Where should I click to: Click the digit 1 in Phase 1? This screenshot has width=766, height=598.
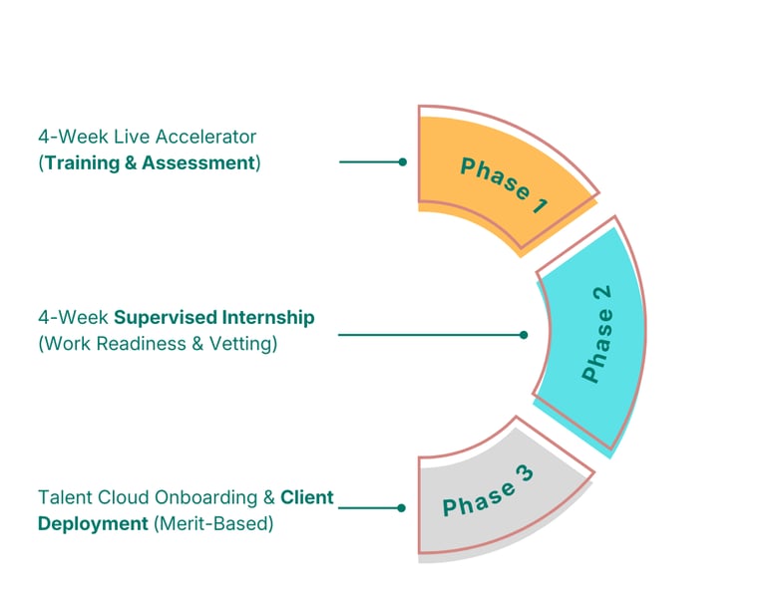point(539,206)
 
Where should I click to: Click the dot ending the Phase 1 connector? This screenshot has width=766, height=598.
point(402,160)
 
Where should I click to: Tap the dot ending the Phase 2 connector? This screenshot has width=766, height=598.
point(524,335)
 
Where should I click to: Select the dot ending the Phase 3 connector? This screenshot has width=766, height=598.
point(401,507)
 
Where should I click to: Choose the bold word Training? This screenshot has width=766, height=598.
point(82,161)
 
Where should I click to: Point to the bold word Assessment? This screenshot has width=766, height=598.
point(198,161)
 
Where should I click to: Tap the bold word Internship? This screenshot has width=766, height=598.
point(267,318)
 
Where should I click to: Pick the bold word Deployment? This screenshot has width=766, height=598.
point(94,522)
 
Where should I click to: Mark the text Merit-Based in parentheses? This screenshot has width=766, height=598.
point(213,522)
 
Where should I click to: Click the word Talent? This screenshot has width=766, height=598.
point(62,496)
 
